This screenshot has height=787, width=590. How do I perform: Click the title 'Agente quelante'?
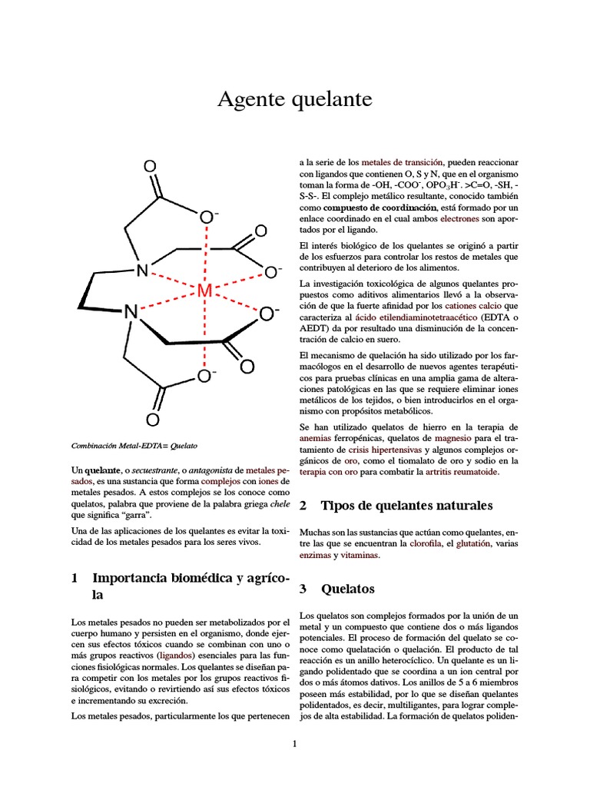[x=295, y=99]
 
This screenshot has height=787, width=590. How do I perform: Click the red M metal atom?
[x=204, y=292]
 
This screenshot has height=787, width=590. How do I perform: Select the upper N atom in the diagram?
[x=141, y=271]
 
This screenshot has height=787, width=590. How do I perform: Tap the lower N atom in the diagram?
[x=131, y=312]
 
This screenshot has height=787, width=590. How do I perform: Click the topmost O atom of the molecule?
[x=150, y=166]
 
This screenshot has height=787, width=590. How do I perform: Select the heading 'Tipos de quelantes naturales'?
[x=406, y=506]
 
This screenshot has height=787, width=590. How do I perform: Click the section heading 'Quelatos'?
[x=348, y=589]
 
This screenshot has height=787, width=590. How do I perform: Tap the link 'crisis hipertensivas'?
[x=383, y=450]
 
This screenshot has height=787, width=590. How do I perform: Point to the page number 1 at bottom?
[x=294, y=743]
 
